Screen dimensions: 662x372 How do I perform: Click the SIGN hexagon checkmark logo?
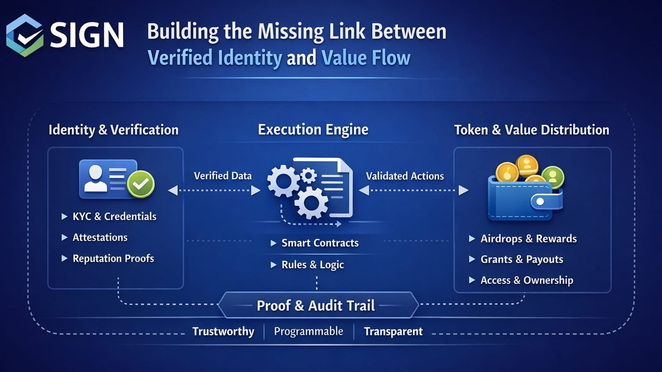(25, 36)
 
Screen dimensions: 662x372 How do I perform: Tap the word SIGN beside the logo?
(87, 35)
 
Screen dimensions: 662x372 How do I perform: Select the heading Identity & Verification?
(113, 130)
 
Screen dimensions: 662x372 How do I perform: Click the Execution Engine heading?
(313, 130)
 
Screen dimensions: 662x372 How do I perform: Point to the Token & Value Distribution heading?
(531, 130)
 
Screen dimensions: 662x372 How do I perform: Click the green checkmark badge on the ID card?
(141, 184)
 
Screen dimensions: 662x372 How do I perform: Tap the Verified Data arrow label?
(222, 176)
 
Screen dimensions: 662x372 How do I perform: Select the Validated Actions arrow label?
(405, 176)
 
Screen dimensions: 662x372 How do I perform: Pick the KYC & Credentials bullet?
(114, 217)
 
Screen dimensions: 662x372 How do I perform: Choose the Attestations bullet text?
(100, 238)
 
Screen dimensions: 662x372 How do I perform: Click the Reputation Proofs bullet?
(113, 259)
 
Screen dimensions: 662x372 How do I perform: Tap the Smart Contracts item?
(320, 243)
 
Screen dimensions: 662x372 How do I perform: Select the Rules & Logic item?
(313, 265)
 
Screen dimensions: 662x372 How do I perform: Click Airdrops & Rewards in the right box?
(528, 239)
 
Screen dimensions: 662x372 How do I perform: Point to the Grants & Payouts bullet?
(522, 260)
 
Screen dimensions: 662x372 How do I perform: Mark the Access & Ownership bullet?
(527, 280)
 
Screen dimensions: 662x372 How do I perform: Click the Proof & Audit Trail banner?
(316, 305)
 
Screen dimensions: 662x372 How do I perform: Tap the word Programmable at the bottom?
(309, 331)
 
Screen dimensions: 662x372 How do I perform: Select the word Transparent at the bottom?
(393, 332)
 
